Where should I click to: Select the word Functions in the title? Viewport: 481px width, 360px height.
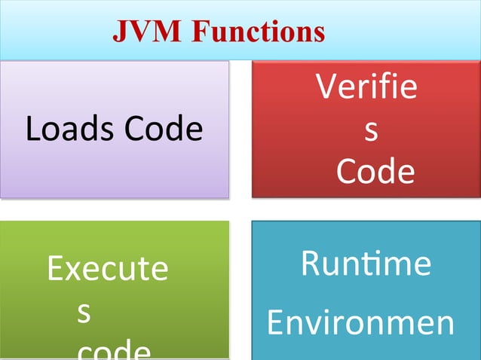257,31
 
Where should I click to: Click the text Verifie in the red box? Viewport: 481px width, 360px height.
366,88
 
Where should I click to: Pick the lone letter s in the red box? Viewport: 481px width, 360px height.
370,130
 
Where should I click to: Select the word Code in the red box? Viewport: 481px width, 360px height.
375,172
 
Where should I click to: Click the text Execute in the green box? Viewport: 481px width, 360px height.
107,269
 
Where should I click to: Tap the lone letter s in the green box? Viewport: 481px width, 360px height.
85,313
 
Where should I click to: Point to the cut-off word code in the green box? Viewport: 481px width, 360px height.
114,350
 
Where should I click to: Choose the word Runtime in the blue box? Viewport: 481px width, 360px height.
366,264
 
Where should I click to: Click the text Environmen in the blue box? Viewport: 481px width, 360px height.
360,323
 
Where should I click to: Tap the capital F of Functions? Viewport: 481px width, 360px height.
201,31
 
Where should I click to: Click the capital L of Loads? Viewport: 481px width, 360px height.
32,129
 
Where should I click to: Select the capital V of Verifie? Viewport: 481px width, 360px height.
326,88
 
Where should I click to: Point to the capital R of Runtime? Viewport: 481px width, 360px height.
310,264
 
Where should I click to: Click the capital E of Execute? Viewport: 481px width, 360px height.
54,269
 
